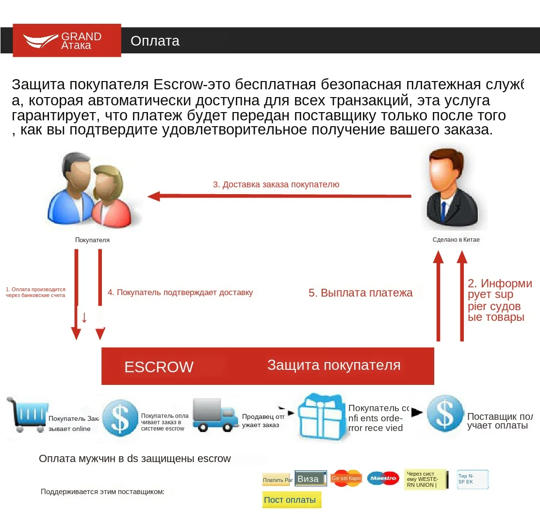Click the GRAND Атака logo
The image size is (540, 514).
pos(66,40)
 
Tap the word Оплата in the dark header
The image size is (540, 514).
pos(155,41)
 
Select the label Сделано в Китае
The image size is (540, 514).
pos(456,240)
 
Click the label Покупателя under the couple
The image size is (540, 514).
pos(92,240)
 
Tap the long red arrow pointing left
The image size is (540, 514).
pos(279,196)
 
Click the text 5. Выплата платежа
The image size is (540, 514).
pos(360,293)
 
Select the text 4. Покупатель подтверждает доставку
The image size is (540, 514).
pos(180,292)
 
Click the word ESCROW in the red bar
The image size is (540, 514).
pos(159,367)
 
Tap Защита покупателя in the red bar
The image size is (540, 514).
pos(334,365)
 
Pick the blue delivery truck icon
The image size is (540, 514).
pos(213,415)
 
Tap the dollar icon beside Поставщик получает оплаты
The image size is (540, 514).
pos(444,414)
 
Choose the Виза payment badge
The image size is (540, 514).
pos(311,479)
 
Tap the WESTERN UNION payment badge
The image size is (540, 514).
pos(425,479)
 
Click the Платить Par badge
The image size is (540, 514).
pos(276,480)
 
